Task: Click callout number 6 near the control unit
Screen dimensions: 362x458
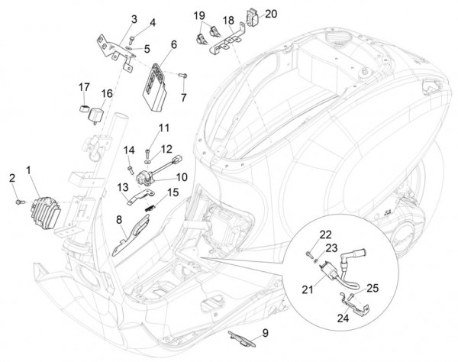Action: [x=174, y=46]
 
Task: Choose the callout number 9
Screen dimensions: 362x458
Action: [x=266, y=333]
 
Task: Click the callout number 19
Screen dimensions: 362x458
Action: [x=198, y=15]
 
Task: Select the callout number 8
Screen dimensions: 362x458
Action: [x=118, y=221]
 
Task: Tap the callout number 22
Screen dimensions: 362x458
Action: [x=324, y=234]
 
